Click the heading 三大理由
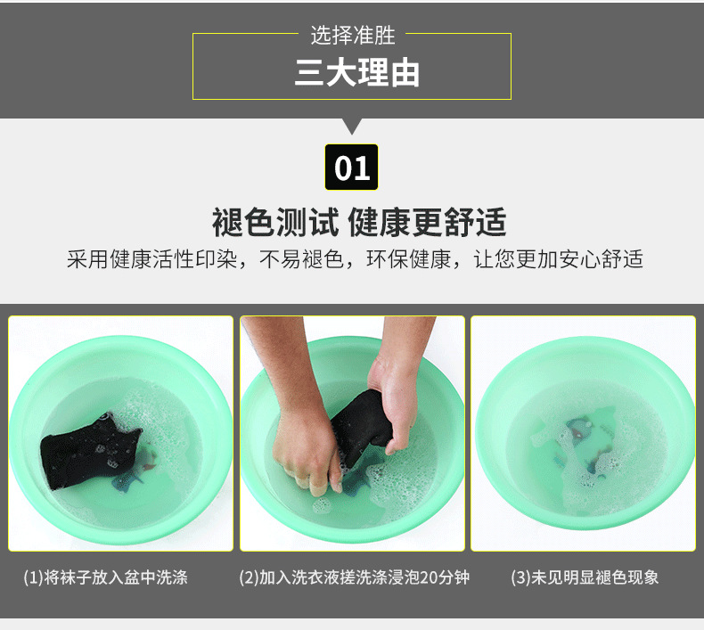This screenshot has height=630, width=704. [357, 73]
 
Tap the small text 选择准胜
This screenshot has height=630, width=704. [353, 35]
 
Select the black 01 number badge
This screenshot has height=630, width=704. [351, 167]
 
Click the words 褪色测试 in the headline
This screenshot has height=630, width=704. [275, 222]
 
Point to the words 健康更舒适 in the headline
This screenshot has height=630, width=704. [428, 222]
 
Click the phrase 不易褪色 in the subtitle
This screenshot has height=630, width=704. [302, 259]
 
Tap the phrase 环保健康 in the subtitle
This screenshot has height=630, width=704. [408, 259]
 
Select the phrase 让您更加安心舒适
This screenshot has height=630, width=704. [558, 259]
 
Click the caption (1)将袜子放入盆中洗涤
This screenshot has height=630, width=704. [105, 577]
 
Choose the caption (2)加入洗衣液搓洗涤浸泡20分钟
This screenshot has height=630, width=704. [355, 577]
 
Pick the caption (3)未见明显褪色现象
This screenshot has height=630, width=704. [585, 577]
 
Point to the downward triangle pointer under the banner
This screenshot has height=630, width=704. [352, 127]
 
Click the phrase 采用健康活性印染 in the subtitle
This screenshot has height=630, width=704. [151, 259]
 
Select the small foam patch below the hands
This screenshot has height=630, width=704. [322, 506]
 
